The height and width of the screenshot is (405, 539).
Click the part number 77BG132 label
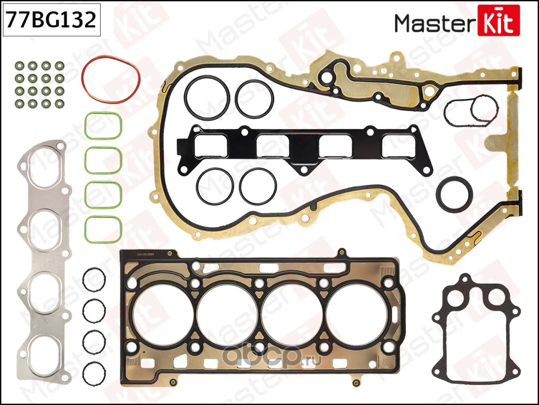tap(50, 20)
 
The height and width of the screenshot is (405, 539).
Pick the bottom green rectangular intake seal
tap(103, 229)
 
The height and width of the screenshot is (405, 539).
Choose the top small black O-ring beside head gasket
tap(94, 280)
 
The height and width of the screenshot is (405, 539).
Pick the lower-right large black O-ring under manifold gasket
tap(258, 186)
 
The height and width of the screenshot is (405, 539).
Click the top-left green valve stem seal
tap(20, 66)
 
